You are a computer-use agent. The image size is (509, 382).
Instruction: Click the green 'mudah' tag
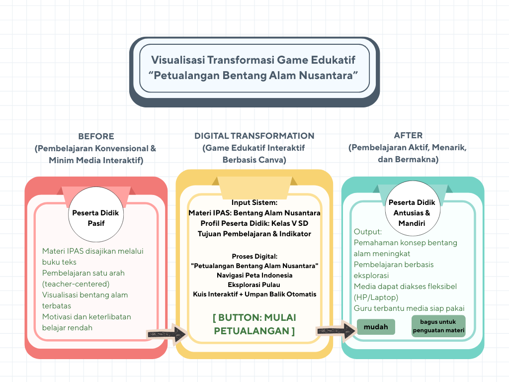coord(376,327)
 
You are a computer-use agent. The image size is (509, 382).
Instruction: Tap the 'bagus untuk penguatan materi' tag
coord(438,326)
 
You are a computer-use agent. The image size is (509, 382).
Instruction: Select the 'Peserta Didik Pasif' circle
coord(96,218)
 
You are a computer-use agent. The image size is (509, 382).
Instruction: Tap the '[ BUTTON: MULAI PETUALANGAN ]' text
coord(254,324)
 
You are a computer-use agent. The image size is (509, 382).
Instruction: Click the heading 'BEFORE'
coord(96,136)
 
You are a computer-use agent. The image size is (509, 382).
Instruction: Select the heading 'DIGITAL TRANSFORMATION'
coord(254,136)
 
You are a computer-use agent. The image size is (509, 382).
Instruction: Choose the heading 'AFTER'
coord(408,135)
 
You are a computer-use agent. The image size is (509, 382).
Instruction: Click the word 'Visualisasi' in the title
coord(178,60)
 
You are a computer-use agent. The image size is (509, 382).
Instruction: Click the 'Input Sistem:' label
coord(254,202)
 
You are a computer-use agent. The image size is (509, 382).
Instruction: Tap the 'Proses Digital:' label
coord(254,256)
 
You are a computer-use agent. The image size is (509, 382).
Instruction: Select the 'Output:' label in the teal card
coord(368,232)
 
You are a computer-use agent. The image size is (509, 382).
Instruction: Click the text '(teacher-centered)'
coord(76,284)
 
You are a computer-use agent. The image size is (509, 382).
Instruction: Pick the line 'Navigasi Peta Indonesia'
coord(254,275)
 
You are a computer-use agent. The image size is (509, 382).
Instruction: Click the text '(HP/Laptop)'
coord(377,297)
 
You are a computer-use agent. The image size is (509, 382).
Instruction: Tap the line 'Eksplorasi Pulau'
coord(254,285)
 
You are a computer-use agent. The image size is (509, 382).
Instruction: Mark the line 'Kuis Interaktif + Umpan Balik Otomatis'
coord(254,294)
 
